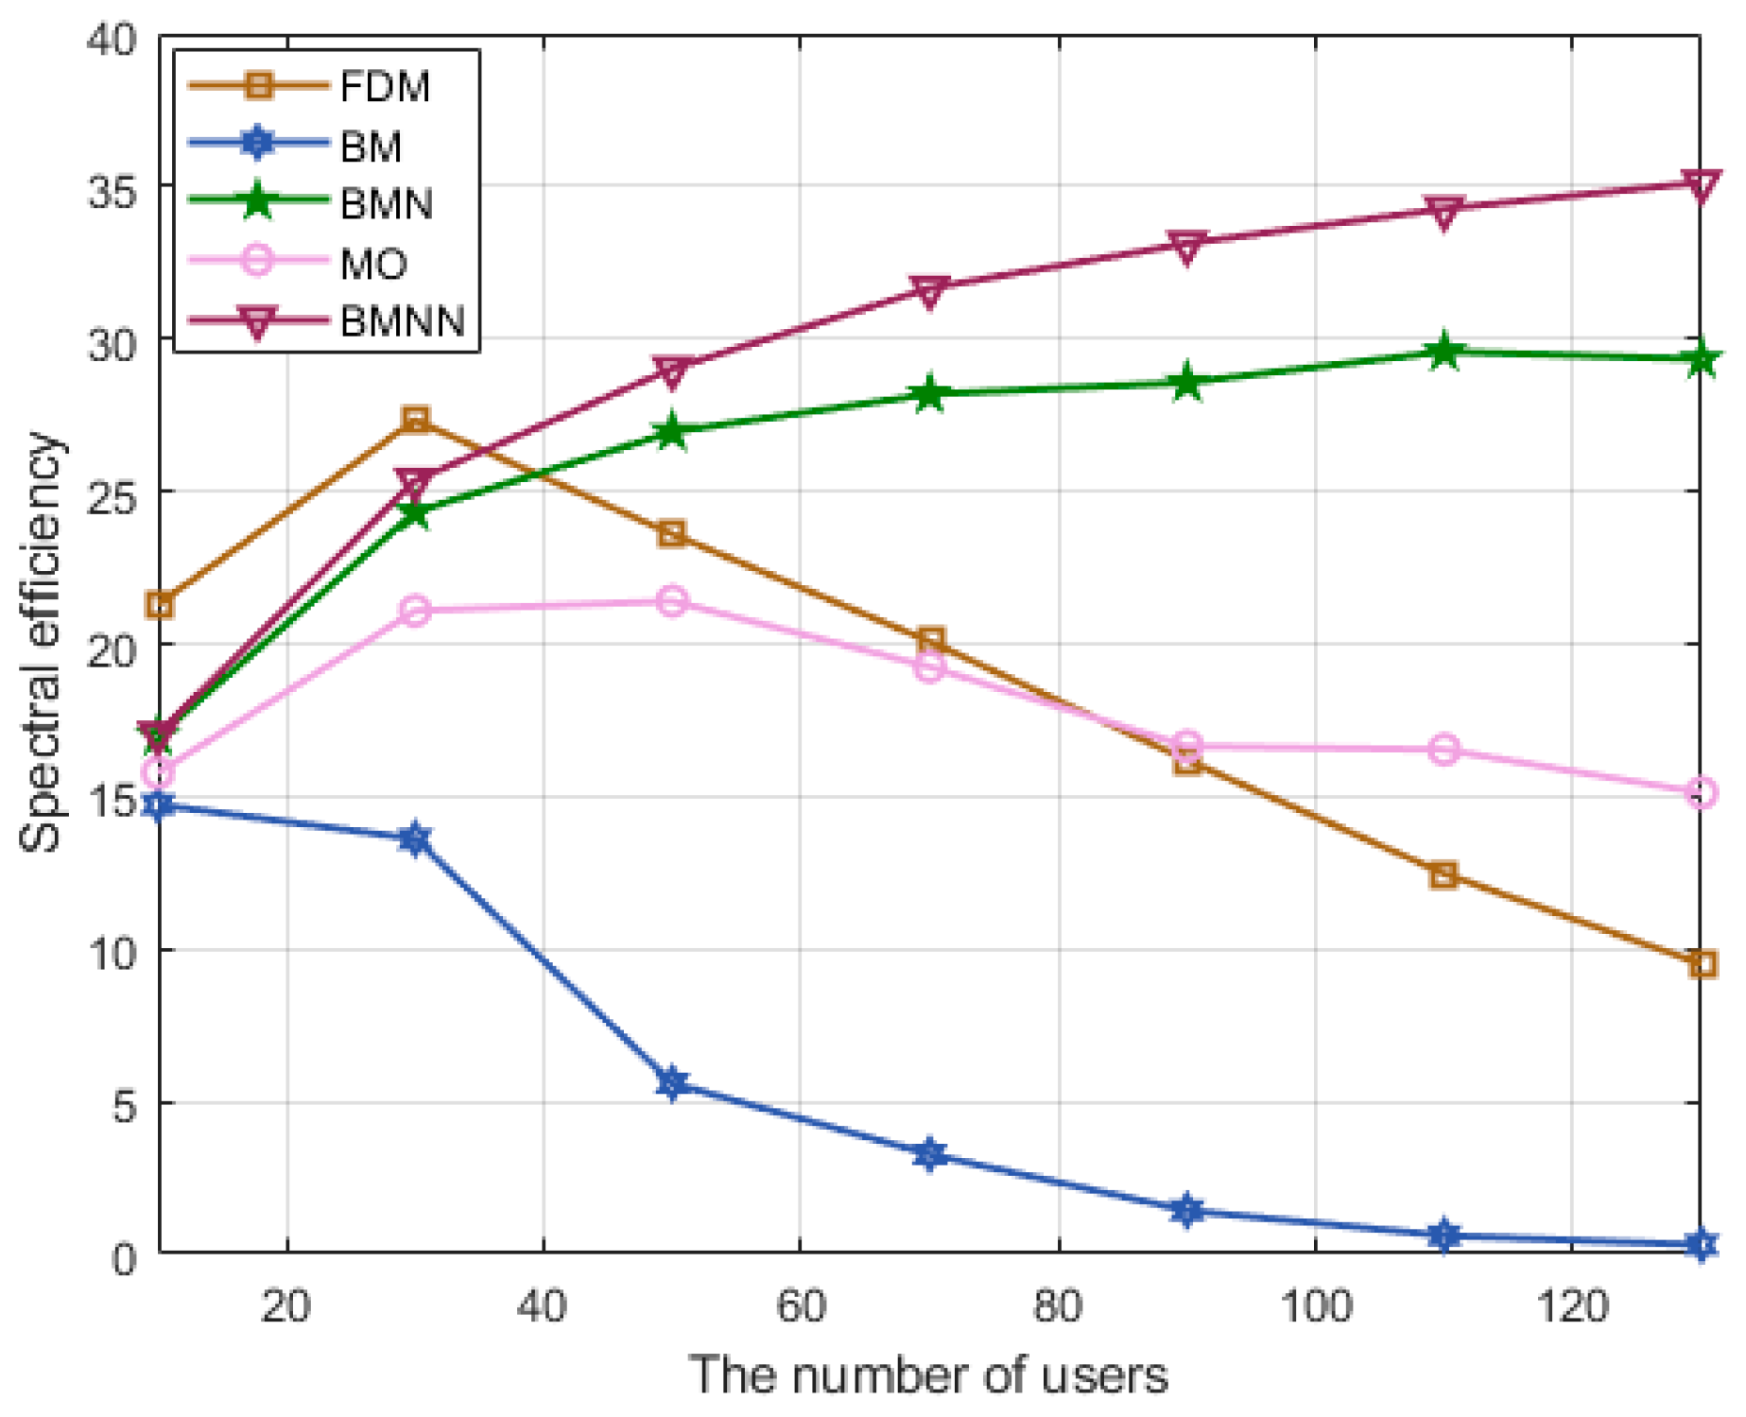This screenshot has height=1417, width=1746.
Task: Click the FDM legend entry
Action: tap(384, 87)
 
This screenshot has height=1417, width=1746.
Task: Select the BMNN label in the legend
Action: tap(403, 321)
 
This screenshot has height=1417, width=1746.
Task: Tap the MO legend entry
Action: tap(373, 263)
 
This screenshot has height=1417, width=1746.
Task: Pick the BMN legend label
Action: tap(386, 204)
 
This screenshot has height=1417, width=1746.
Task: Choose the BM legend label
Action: tap(371, 146)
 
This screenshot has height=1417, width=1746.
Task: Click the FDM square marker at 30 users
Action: tap(416, 419)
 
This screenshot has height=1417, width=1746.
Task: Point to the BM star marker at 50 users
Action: tap(672, 1082)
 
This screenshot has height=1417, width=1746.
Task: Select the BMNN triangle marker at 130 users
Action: tap(1702, 185)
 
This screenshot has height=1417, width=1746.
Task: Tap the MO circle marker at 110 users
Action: tap(1443, 750)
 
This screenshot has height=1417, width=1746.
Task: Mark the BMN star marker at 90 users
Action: tap(1187, 383)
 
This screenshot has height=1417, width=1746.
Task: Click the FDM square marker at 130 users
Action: tap(1702, 964)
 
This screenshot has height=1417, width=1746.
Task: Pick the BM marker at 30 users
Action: tap(416, 838)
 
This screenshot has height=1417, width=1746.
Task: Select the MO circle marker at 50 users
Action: tap(672, 601)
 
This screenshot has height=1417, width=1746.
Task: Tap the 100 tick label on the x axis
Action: tap(1315, 1306)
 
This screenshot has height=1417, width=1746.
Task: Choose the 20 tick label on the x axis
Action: tap(286, 1306)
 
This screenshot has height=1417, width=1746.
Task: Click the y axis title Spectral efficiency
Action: tap(42, 643)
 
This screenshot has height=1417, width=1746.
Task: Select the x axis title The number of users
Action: tap(928, 1375)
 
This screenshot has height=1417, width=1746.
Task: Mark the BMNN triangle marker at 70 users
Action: tap(930, 291)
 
